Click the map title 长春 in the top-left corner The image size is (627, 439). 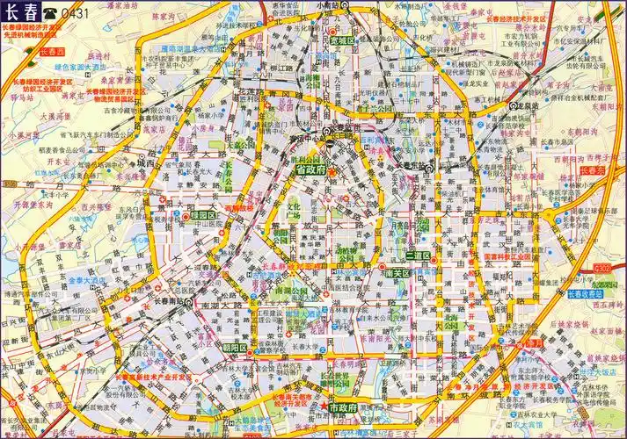coord(21,12)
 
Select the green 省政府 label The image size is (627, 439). coord(310,169)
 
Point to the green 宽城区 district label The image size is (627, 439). coord(342,40)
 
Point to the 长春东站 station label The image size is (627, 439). coord(410,165)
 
